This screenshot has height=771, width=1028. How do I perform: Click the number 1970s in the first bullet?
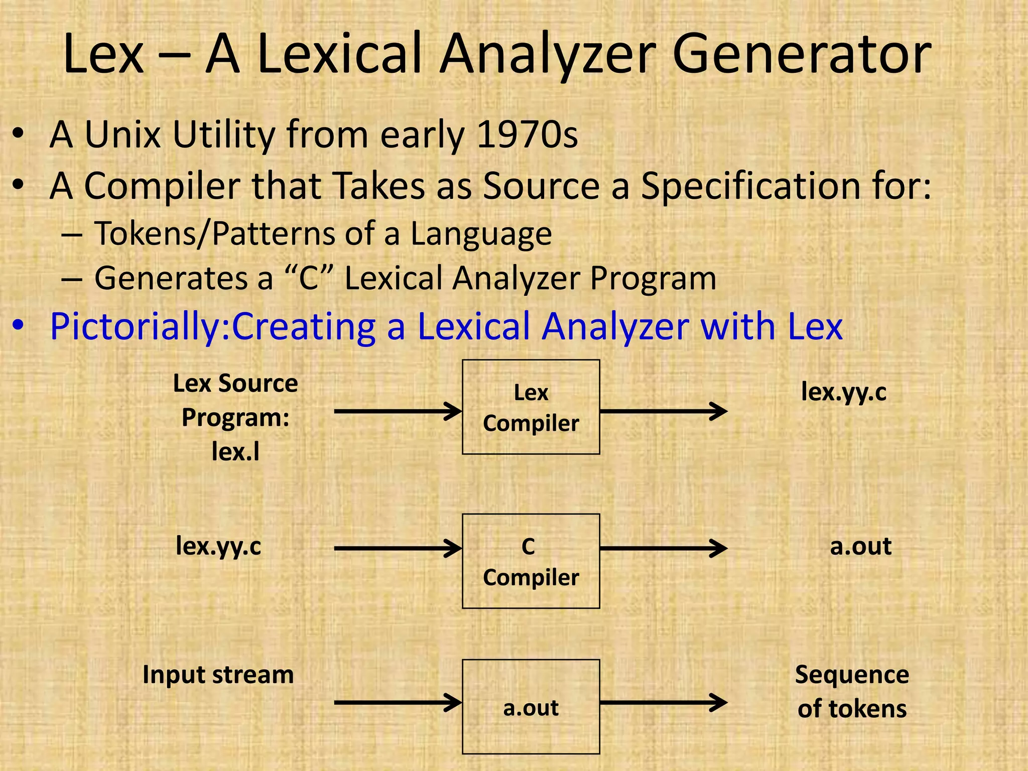pos(527,135)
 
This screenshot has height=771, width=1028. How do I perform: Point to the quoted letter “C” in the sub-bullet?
pos(309,279)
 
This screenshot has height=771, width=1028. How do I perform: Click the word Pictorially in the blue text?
pos(136,327)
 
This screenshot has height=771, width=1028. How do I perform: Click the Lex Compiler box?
pos(531,407)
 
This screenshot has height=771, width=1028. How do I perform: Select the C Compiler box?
pos(531,561)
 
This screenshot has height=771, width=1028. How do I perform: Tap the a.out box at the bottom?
pos(531,707)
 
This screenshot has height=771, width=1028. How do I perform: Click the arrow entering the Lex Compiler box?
pos(398,412)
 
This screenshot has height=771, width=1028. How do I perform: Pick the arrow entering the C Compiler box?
pos(398,549)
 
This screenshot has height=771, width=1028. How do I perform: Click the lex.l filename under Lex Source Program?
pos(235,452)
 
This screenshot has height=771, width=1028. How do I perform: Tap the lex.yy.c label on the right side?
pos(844,393)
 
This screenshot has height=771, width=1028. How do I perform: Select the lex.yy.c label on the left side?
pos(218,547)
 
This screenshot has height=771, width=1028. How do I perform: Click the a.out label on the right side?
pos(860,547)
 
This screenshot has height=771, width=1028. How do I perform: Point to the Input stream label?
pos(218,675)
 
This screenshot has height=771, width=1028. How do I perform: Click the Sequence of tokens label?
pos(852,692)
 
